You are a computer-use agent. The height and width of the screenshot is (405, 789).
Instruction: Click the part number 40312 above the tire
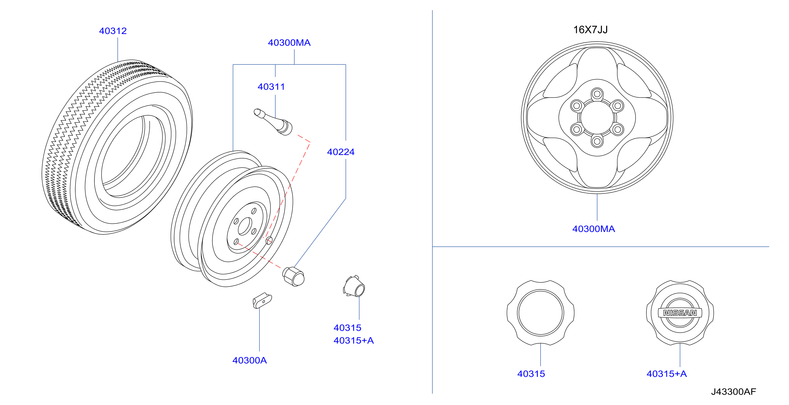(113, 31)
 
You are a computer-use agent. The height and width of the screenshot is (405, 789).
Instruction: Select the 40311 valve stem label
(271, 87)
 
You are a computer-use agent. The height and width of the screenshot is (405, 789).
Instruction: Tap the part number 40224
(341, 152)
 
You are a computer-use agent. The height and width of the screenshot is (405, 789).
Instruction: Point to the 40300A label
(250, 360)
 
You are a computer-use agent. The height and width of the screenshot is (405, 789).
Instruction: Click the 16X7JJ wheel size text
(590, 30)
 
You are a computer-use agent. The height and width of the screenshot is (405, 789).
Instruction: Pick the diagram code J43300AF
(734, 392)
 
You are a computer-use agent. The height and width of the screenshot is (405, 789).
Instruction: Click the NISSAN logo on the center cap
(680, 313)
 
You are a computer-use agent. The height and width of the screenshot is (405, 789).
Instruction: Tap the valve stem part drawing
(273, 121)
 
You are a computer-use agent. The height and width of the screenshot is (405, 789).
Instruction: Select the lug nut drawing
(294, 276)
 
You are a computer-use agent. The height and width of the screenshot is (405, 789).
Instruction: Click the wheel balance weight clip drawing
(262, 300)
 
